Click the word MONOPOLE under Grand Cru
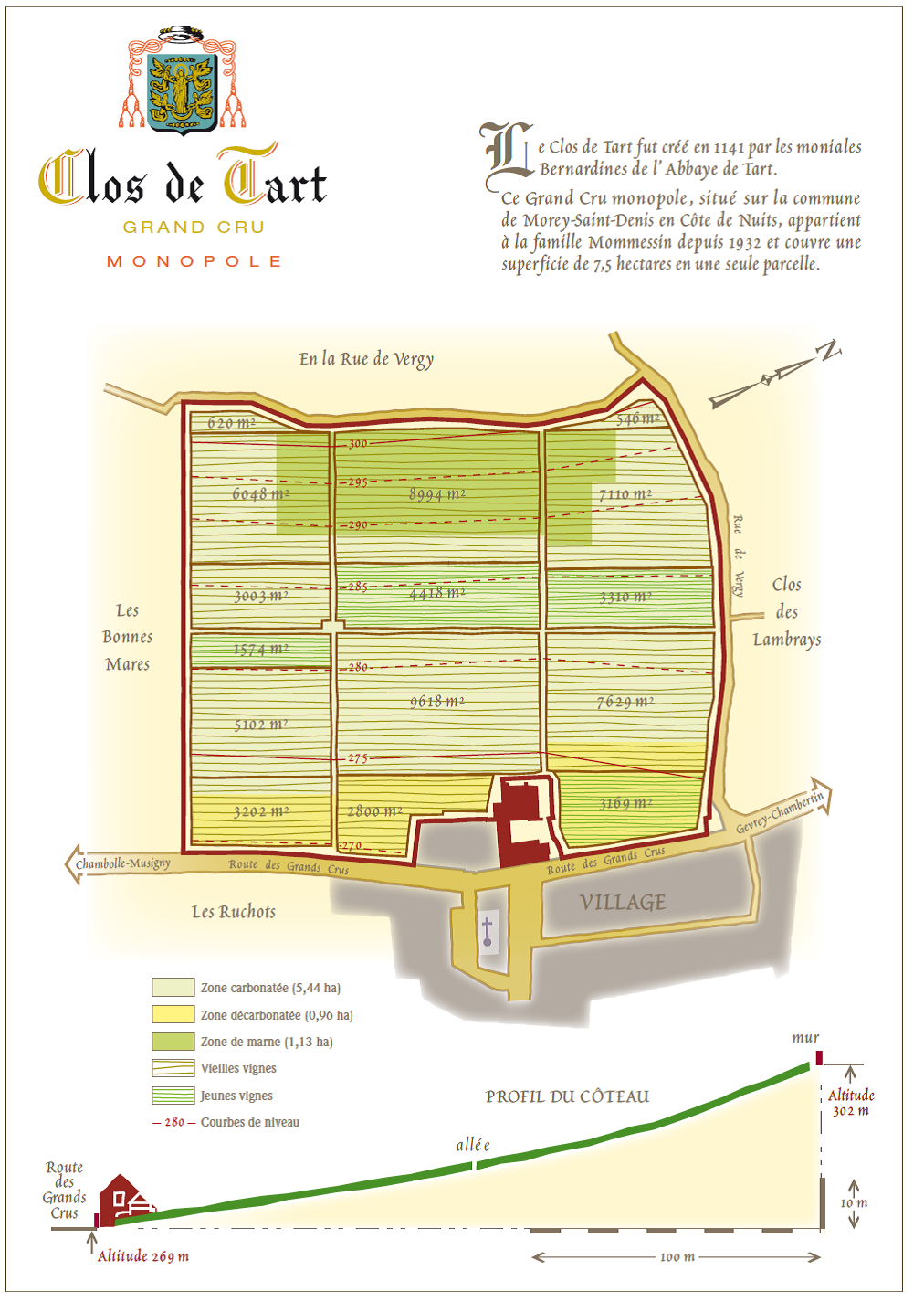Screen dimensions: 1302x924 (x=194, y=261)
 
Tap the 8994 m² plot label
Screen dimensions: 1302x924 (x=437, y=494)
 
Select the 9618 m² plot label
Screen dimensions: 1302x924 (x=437, y=702)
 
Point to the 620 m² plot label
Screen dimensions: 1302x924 (x=231, y=423)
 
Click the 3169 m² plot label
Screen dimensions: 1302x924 (x=625, y=804)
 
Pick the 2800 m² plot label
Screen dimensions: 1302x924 (x=374, y=811)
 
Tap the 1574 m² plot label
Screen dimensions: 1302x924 (x=261, y=650)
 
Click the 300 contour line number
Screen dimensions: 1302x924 (x=358, y=444)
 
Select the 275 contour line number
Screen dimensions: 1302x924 (x=357, y=758)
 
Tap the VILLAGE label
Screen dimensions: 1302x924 (x=623, y=903)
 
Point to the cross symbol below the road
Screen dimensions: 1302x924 (x=488, y=932)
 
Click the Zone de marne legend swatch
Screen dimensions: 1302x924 (x=173, y=1042)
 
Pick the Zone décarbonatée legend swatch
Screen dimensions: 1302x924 (x=173, y=1014)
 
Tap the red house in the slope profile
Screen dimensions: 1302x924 (x=121, y=1200)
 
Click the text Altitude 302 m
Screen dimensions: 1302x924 (x=851, y=1103)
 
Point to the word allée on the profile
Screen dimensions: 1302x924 (x=473, y=1145)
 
